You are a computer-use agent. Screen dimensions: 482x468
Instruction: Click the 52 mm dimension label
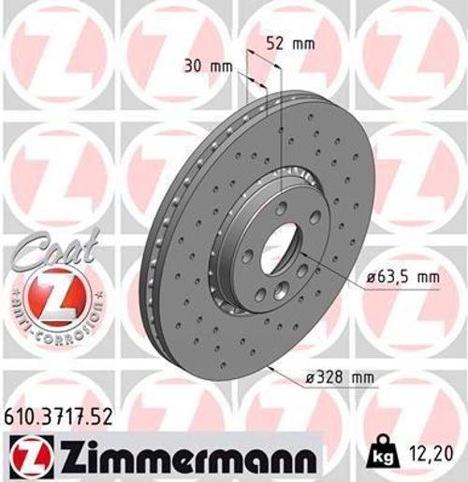[289, 43]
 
